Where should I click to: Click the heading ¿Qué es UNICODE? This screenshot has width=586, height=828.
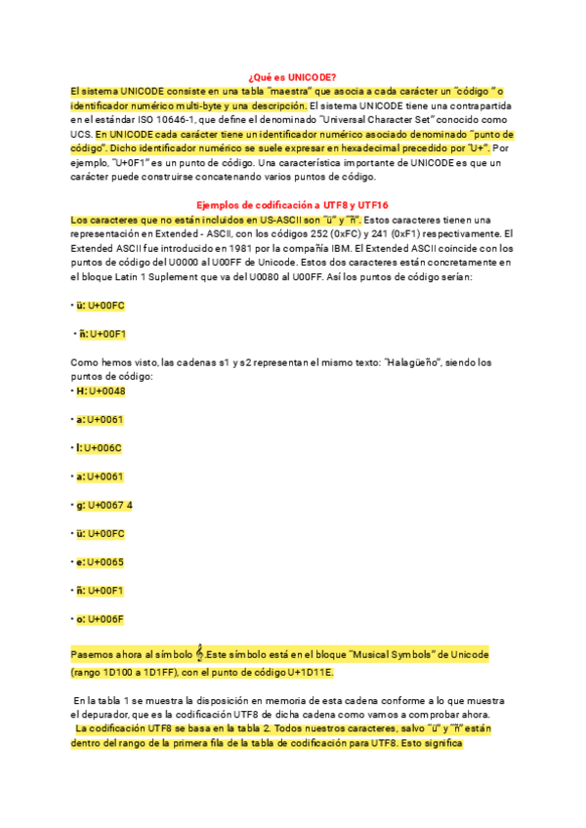point(293,77)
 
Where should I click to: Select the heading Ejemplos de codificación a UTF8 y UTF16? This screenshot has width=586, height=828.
point(293,205)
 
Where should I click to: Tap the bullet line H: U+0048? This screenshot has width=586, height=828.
point(100,392)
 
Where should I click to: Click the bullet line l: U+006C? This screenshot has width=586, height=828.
point(99,448)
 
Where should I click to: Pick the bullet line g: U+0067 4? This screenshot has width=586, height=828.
point(104,505)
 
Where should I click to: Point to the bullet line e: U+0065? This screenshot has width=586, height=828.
point(100,562)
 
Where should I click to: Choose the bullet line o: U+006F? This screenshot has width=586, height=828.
point(100,619)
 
